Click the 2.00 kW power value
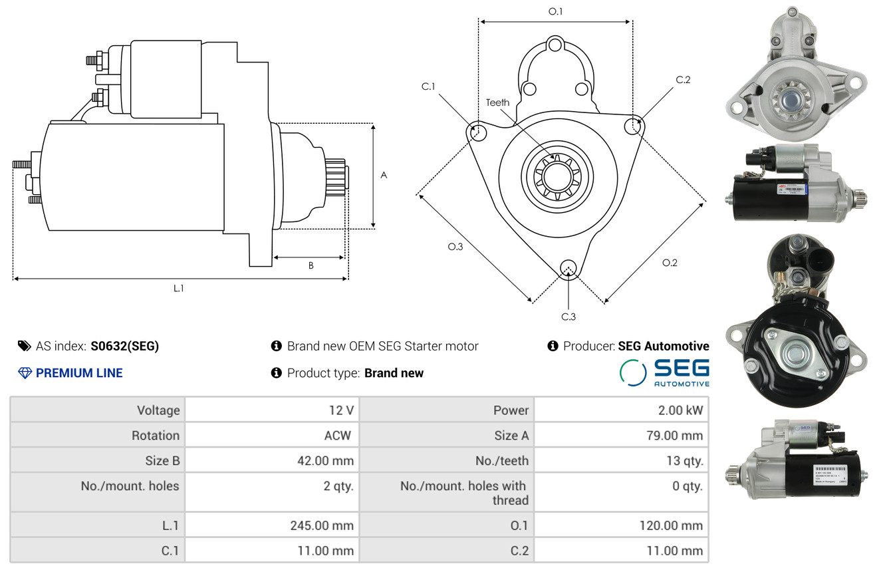click(x=680, y=410)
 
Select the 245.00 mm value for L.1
click(x=322, y=525)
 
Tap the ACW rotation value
click(x=338, y=435)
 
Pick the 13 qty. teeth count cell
click(x=685, y=461)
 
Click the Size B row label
click(x=162, y=461)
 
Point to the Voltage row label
click(x=158, y=410)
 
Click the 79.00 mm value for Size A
click(x=675, y=435)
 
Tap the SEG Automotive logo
click(x=664, y=372)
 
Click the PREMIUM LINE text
click(x=79, y=373)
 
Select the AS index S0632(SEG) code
click(x=124, y=346)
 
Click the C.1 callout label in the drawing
click(x=428, y=86)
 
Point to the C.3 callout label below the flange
click(x=568, y=317)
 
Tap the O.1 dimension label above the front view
click(x=555, y=11)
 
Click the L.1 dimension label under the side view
click(x=178, y=289)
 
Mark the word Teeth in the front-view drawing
click(x=497, y=102)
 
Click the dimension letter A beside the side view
click(x=384, y=175)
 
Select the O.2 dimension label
click(x=670, y=263)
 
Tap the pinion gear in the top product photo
click(x=791, y=100)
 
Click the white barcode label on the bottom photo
click(x=830, y=474)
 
